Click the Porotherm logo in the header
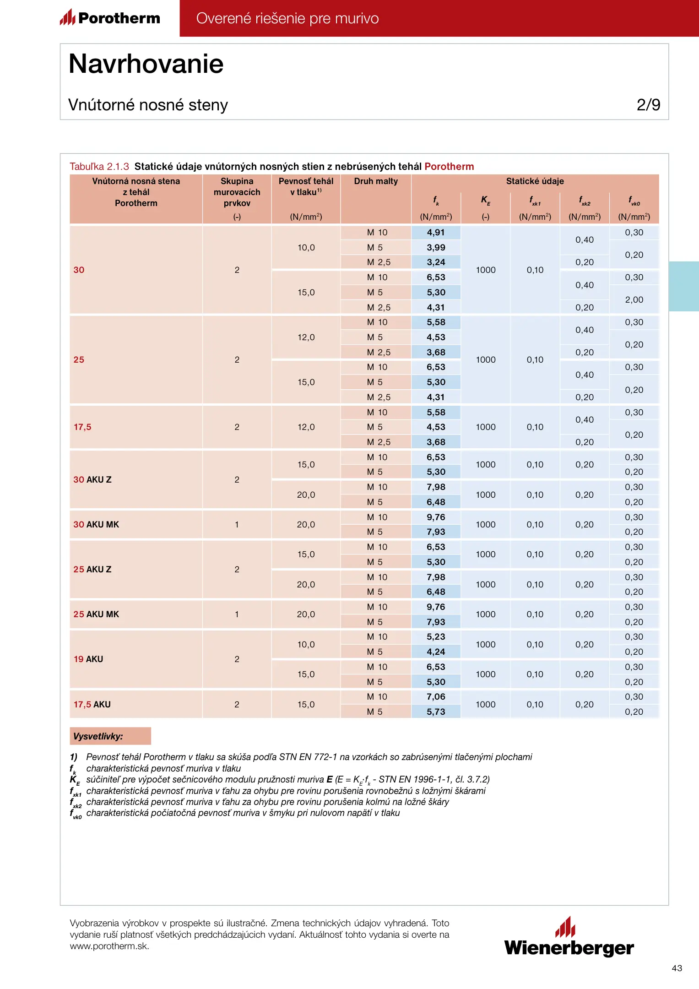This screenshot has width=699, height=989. [x=110, y=18]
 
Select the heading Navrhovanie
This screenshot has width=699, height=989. [x=146, y=64]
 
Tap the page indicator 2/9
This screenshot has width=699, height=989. [x=648, y=105]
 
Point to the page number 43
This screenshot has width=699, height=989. [x=677, y=968]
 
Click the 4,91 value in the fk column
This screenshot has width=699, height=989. [x=436, y=233]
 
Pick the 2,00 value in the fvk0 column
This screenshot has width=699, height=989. [x=634, y=300]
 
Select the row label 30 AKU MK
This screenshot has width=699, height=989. [x=96, y=524]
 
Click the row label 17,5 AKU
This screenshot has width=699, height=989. [x=92, y=704]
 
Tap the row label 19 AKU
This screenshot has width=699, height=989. [x=88, y=659]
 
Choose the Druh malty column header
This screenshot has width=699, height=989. [x=376, y=181]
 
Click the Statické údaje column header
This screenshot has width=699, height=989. [x=535, y=181]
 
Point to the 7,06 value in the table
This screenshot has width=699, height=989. [x=436, y=697]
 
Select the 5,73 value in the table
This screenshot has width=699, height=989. [x=436, y=712]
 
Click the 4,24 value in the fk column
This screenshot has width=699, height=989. [x=436, y=652]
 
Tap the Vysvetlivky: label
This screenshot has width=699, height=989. [x=98, y=736]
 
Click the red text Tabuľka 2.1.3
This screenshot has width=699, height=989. [x=99, y=167]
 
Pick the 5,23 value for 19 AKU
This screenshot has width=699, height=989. [x=436, y=637]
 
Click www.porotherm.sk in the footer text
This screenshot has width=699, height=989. [x=109, y=946]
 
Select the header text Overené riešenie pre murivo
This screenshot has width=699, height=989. [x=287, y=18]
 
